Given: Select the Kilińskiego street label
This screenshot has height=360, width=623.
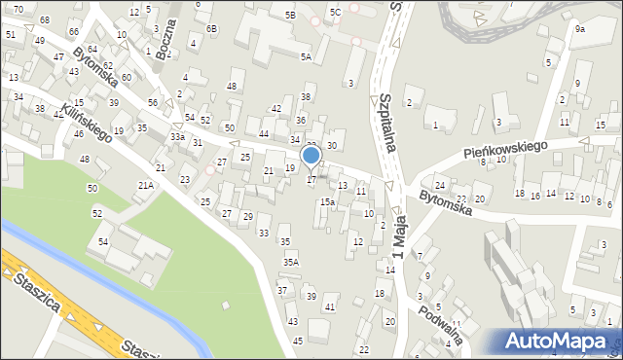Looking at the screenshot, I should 88,122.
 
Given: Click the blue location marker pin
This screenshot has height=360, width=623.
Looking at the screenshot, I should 311,157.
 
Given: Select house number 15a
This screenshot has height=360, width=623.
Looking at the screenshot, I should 329,202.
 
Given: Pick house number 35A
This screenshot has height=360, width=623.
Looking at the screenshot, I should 290,262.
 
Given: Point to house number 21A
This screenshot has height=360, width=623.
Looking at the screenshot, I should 146,185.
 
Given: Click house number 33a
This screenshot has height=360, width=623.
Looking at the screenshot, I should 177,137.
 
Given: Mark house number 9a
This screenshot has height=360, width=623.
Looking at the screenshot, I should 579,29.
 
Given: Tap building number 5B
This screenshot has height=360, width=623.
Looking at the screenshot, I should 289,16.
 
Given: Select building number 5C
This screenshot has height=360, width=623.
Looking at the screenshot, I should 334,12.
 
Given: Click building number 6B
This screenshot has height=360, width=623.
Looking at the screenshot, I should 212,29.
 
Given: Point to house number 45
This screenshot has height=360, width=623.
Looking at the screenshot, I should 297,341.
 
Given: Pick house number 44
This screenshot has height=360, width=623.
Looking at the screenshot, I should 264,133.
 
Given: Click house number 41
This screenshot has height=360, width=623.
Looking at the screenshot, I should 330,307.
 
